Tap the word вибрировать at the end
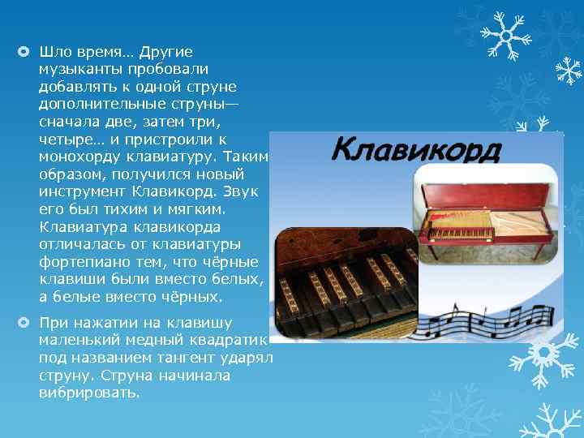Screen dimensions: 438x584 89,393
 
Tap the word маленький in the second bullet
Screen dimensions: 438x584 78,341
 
